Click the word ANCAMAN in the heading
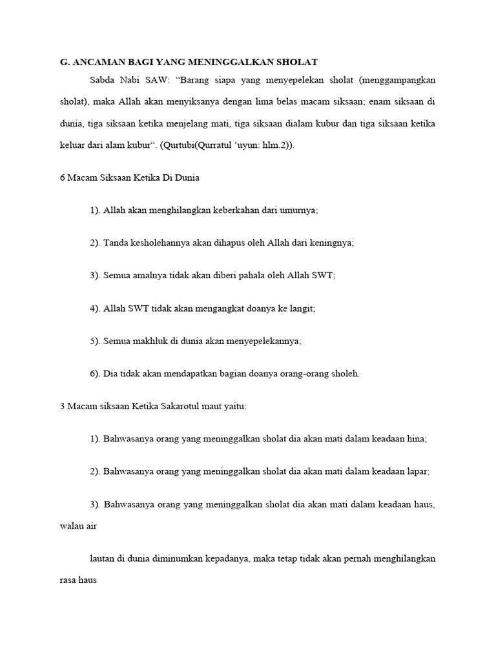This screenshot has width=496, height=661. point(96,61)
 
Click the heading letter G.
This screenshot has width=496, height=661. point(63,61)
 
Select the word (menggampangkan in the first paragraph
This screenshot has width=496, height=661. point(398,81)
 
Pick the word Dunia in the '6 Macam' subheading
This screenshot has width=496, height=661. point(187,178)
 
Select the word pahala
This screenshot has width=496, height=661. point(247,276)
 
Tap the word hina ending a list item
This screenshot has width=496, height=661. point(416,439)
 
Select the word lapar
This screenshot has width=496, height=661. point(417,472)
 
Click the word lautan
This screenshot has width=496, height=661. point(103,558)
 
